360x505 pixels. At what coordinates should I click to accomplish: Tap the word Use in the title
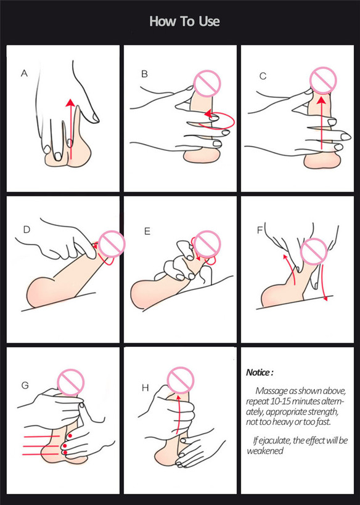(209, 22)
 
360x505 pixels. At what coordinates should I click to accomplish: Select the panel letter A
(24, 74)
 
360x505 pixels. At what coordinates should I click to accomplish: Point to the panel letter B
(144, 74)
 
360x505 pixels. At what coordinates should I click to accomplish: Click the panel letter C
(263, 76)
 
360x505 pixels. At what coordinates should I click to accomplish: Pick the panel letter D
(27, 229)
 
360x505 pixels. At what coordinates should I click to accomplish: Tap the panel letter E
(147, 231)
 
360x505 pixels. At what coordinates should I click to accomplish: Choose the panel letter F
(260, 230)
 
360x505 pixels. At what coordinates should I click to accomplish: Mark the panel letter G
(25, 385)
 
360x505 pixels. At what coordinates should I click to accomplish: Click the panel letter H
(145, 388)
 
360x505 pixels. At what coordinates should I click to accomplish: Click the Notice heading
(260, 373)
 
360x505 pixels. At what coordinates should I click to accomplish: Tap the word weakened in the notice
(265, 451)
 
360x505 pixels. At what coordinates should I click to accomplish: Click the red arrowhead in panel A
(70, 103)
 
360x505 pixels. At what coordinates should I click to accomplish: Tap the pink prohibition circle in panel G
(70, 382)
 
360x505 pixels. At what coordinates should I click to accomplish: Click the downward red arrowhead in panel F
(325, 298)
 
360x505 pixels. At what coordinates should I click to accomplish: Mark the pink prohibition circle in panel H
(181, 380)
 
